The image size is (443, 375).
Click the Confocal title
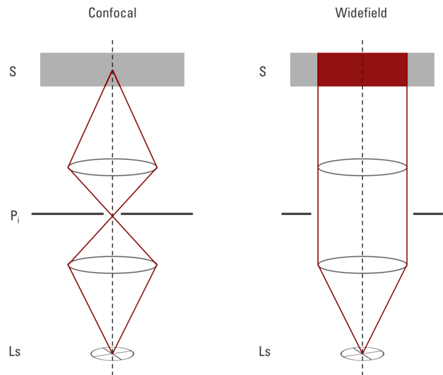tap(112, 12)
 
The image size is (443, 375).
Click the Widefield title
tap(361, 12)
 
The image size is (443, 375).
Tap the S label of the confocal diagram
tap(12, 71)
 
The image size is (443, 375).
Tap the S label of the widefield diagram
tap(262, 71)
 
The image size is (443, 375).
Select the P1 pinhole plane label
tap(14, 216)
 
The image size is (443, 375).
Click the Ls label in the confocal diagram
tap(15, 351)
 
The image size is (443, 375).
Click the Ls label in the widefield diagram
tap(265, 351)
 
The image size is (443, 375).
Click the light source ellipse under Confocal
tap(112, 354)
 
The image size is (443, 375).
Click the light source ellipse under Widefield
tap(362, 354)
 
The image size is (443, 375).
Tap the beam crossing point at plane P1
tap(112, 214)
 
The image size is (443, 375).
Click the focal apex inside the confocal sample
tap(112, 71)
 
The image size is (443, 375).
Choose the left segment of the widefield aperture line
tap(296, 214)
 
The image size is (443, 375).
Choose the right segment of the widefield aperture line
tap(427, 214)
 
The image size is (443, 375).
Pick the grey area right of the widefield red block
tap(422, 69)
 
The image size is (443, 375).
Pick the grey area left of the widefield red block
tap(303, 69)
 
